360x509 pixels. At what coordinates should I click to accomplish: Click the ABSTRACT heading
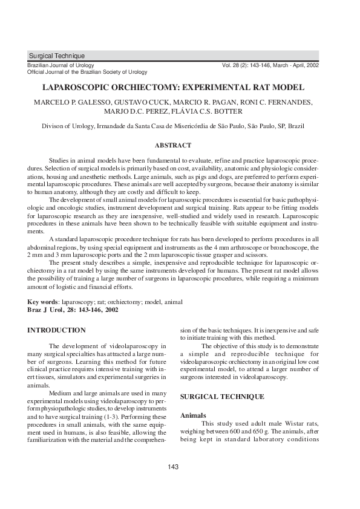click(173, 145)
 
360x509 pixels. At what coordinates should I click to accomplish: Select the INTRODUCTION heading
click(57, 330)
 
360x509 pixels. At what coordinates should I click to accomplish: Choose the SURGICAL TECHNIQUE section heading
click(222, 397)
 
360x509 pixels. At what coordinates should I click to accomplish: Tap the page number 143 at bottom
click(173, 467)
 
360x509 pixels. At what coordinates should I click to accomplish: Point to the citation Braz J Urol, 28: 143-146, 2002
click(73, 310)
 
